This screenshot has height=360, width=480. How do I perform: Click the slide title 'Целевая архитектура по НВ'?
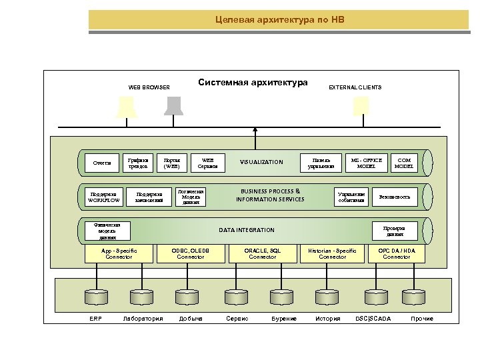pyautogui.click(x=280, y=20)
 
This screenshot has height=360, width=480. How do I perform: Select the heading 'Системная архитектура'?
pyautogui.click(x=253, y=83)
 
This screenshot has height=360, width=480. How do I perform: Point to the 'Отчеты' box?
pyautogui.click(x=102, y=163)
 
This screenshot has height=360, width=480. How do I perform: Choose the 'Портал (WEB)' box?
pyautogui.click(x=171, y=163)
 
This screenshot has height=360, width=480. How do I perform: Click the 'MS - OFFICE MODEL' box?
pyautogui.click(x=366, y=163)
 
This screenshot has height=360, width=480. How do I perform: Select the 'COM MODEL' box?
pyautogui.click(x=404, y=163)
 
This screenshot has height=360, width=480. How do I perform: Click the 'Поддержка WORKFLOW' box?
pyautogui.click(x=104, y=197)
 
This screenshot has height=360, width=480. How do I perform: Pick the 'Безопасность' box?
pyautogui.click(x=395, y=197)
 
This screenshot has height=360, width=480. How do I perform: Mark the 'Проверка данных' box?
pyautogui.click(x=394, y=231)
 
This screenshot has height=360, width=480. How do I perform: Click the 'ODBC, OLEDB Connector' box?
pyautogui.click(x=191, y=254)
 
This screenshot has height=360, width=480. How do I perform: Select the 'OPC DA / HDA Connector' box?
pyautogui.click(x=397, y=254)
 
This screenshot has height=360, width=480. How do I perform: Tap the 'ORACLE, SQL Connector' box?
pyautogui.click(x=262, y=254)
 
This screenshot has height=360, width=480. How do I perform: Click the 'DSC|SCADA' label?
pyautogui.click(x=373, y=319)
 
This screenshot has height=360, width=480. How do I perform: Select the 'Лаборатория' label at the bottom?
pyautogui.click(x=143, y=319)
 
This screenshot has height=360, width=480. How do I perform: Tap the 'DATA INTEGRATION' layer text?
pyautogui.click(x=247, y=230)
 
